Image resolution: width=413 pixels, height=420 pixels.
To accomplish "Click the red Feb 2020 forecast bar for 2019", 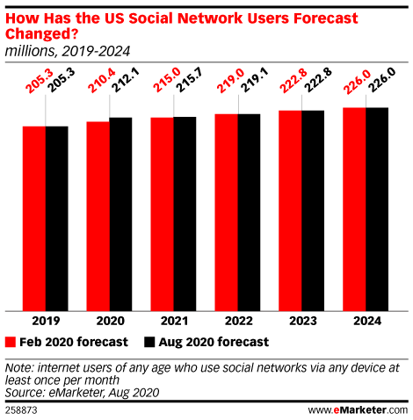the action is tap(34, 219).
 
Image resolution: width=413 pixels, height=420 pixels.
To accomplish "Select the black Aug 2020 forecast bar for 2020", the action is tap(120, 214).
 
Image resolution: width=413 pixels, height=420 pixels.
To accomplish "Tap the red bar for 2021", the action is tap(162, 214).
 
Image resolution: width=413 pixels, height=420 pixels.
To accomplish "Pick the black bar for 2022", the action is tap(249, 213).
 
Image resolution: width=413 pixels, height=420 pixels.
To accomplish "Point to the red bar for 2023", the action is tap(290, 211).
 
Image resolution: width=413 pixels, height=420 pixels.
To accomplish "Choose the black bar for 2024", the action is tap(377, 209).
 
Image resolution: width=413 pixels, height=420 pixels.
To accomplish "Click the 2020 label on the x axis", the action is tap(110, 321).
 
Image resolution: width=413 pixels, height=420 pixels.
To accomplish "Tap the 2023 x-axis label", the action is tap(303, 321).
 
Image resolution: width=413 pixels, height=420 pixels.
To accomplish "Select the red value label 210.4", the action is tap(101, 80).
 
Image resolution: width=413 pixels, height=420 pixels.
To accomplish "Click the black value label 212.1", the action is tap(125, 80).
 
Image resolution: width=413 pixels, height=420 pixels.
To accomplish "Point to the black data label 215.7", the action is tap(188, 80).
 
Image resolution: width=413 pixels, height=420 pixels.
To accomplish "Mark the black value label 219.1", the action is tap(252, 80).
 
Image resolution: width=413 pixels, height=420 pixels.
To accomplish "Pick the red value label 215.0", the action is tap(166, 80).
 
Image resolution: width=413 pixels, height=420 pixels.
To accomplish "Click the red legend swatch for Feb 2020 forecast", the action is tap(11, 342).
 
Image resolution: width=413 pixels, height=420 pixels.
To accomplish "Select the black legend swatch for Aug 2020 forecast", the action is tap(149, 342).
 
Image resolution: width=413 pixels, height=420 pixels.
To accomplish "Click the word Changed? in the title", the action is tap(41, 33).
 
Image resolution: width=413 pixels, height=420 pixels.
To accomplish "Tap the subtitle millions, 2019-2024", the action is tap(68, 51).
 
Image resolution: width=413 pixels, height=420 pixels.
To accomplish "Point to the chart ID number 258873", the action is tap(21, 410).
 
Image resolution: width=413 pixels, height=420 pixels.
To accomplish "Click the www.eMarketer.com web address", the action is tap(358, 410).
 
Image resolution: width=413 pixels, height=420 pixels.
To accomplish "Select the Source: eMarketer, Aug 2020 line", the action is tap(82, 393).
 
